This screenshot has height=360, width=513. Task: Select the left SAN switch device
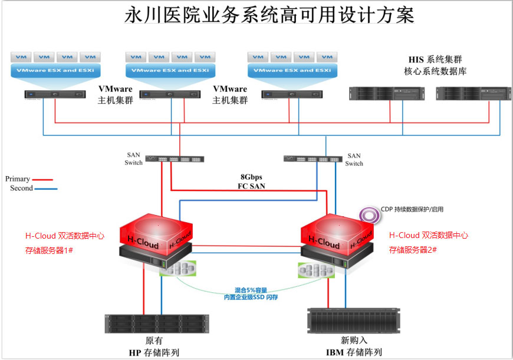click(175, 159)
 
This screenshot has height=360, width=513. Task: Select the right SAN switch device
click(313, 158)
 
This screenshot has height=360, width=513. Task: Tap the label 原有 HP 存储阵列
click(154, 347)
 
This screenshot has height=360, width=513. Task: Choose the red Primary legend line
click(43, 179)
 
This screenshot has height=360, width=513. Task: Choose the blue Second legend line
click(46, 189)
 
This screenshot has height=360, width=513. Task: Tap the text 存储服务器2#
click(413, 250)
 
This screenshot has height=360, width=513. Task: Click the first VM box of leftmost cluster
click(22, 57)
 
